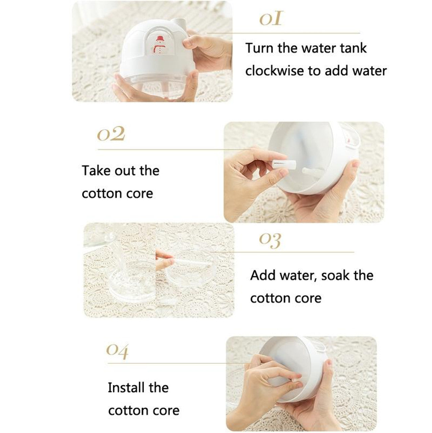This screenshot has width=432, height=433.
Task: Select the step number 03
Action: (270, 241)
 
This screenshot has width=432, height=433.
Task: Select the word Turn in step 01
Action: (259, 48)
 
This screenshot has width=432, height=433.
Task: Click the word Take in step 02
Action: (95, 170)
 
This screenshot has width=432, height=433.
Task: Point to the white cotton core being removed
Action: (281, 165)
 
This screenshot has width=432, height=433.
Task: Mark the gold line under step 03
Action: (281, 252)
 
